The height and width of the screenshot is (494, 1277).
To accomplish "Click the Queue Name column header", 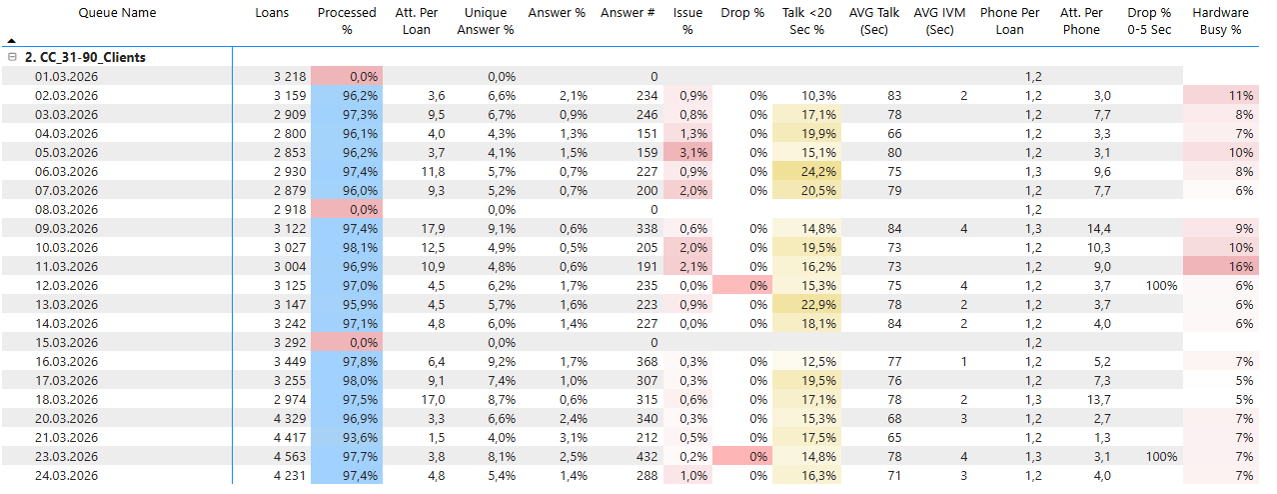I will tap(117, 13).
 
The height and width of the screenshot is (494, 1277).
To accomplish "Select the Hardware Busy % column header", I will tap(1220, 21).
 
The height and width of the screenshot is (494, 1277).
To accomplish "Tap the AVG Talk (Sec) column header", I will tap(874, 21).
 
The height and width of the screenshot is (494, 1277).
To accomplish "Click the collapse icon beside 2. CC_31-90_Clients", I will tap(12, 58).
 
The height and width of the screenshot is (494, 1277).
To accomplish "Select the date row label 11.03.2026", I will tap(66, 267).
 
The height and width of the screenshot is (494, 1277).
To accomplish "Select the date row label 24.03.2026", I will tap(66, 476).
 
